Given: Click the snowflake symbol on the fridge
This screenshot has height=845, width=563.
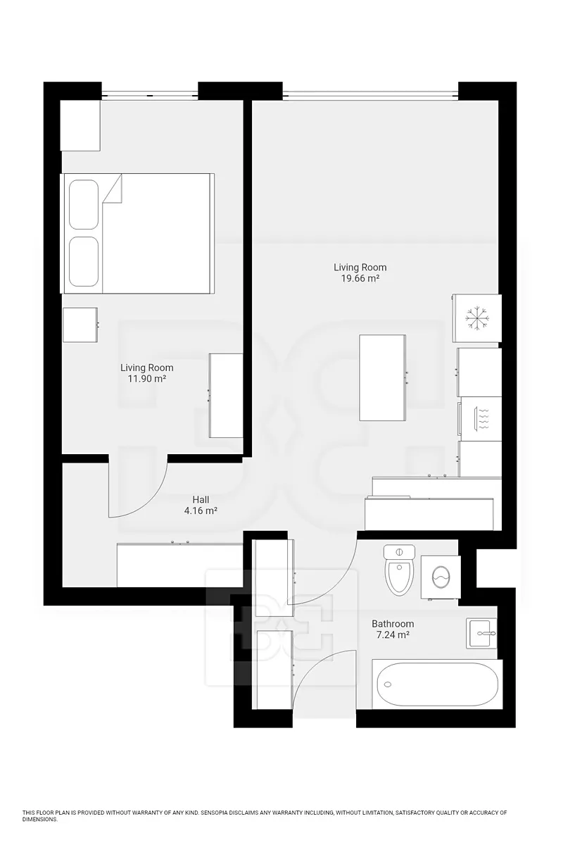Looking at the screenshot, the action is pyautogui.click(x=477, y=319).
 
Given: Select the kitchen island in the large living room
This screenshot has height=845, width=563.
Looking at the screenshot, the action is pyautogui.click(x=382, y=377).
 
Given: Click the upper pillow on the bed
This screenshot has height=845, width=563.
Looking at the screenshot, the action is pyautogui.click(x=84, y=204).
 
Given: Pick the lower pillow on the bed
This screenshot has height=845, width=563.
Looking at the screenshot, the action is pyautogui.click(x=84, y=261).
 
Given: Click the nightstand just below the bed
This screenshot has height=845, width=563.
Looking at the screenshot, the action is pyautogui.click(x=80, y=325).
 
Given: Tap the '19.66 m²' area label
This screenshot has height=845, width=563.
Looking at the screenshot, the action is pyautogui.click(x=360, y=279).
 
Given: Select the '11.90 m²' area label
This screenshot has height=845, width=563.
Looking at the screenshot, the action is pyautogui.click(x=147, y=379).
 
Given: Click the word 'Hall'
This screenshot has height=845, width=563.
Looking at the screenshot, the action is pyautogui.click(x=201, y=499).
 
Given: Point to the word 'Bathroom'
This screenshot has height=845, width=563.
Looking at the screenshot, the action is pyautogui.click(x=393, y=624).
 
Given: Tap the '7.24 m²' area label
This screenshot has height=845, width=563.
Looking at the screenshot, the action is pyautogui.click(x=393, y=635).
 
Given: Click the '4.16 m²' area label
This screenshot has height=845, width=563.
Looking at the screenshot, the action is pyautogui.click(x=201, y=511).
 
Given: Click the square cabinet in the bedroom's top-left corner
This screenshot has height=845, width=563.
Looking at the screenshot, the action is pyautogui.click(x=80, y=125).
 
